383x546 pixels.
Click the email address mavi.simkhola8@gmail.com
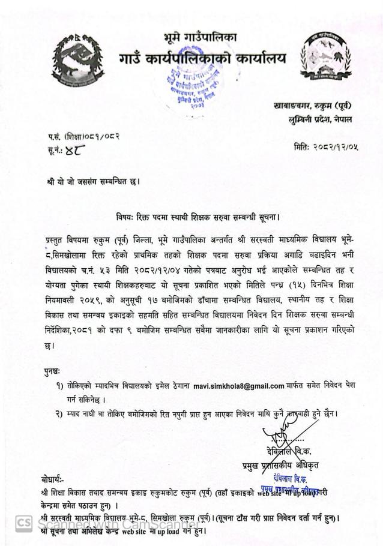(238, 386)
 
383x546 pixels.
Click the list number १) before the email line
(59, 386)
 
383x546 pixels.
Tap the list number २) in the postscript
(59, 414)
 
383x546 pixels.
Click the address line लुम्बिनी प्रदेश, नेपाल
(320, 119)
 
